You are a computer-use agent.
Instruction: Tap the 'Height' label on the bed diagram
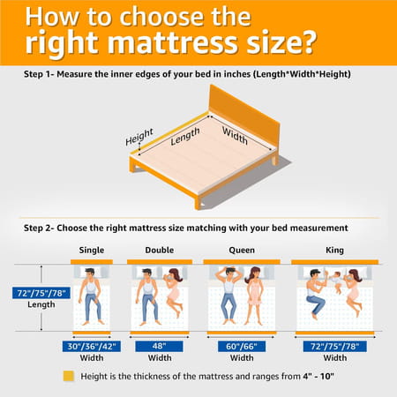coord(139,139)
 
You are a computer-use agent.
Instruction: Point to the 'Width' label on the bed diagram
coord(234,137)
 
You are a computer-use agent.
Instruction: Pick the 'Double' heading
coord(161,250)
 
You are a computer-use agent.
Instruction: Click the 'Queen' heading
coord(240,250)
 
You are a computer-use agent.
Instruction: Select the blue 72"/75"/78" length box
coord(36,292)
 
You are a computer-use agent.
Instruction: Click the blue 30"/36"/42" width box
coord(90,346)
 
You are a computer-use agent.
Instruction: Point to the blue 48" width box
coord(160,346)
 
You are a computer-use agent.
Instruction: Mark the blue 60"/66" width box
coord(241,346)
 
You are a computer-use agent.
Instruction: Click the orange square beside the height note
coord(69,375)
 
